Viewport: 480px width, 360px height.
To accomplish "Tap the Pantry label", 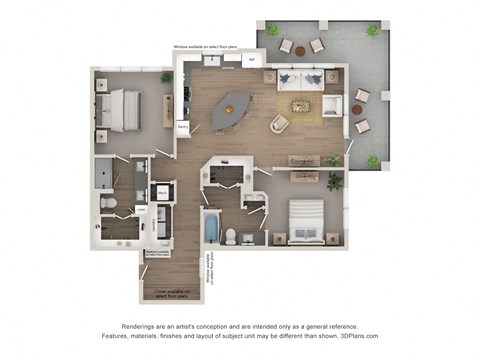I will click(183, 127).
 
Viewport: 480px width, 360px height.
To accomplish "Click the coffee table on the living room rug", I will click(301, 106).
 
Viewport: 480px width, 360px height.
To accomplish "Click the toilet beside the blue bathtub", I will click(231, 236).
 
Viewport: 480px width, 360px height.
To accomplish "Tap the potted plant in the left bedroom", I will click(166, 78).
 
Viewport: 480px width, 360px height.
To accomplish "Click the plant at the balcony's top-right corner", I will click(373, 31).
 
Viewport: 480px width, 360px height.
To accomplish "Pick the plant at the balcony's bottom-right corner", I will click(373, 160).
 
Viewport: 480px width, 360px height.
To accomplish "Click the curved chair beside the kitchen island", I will click(278, 124).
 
